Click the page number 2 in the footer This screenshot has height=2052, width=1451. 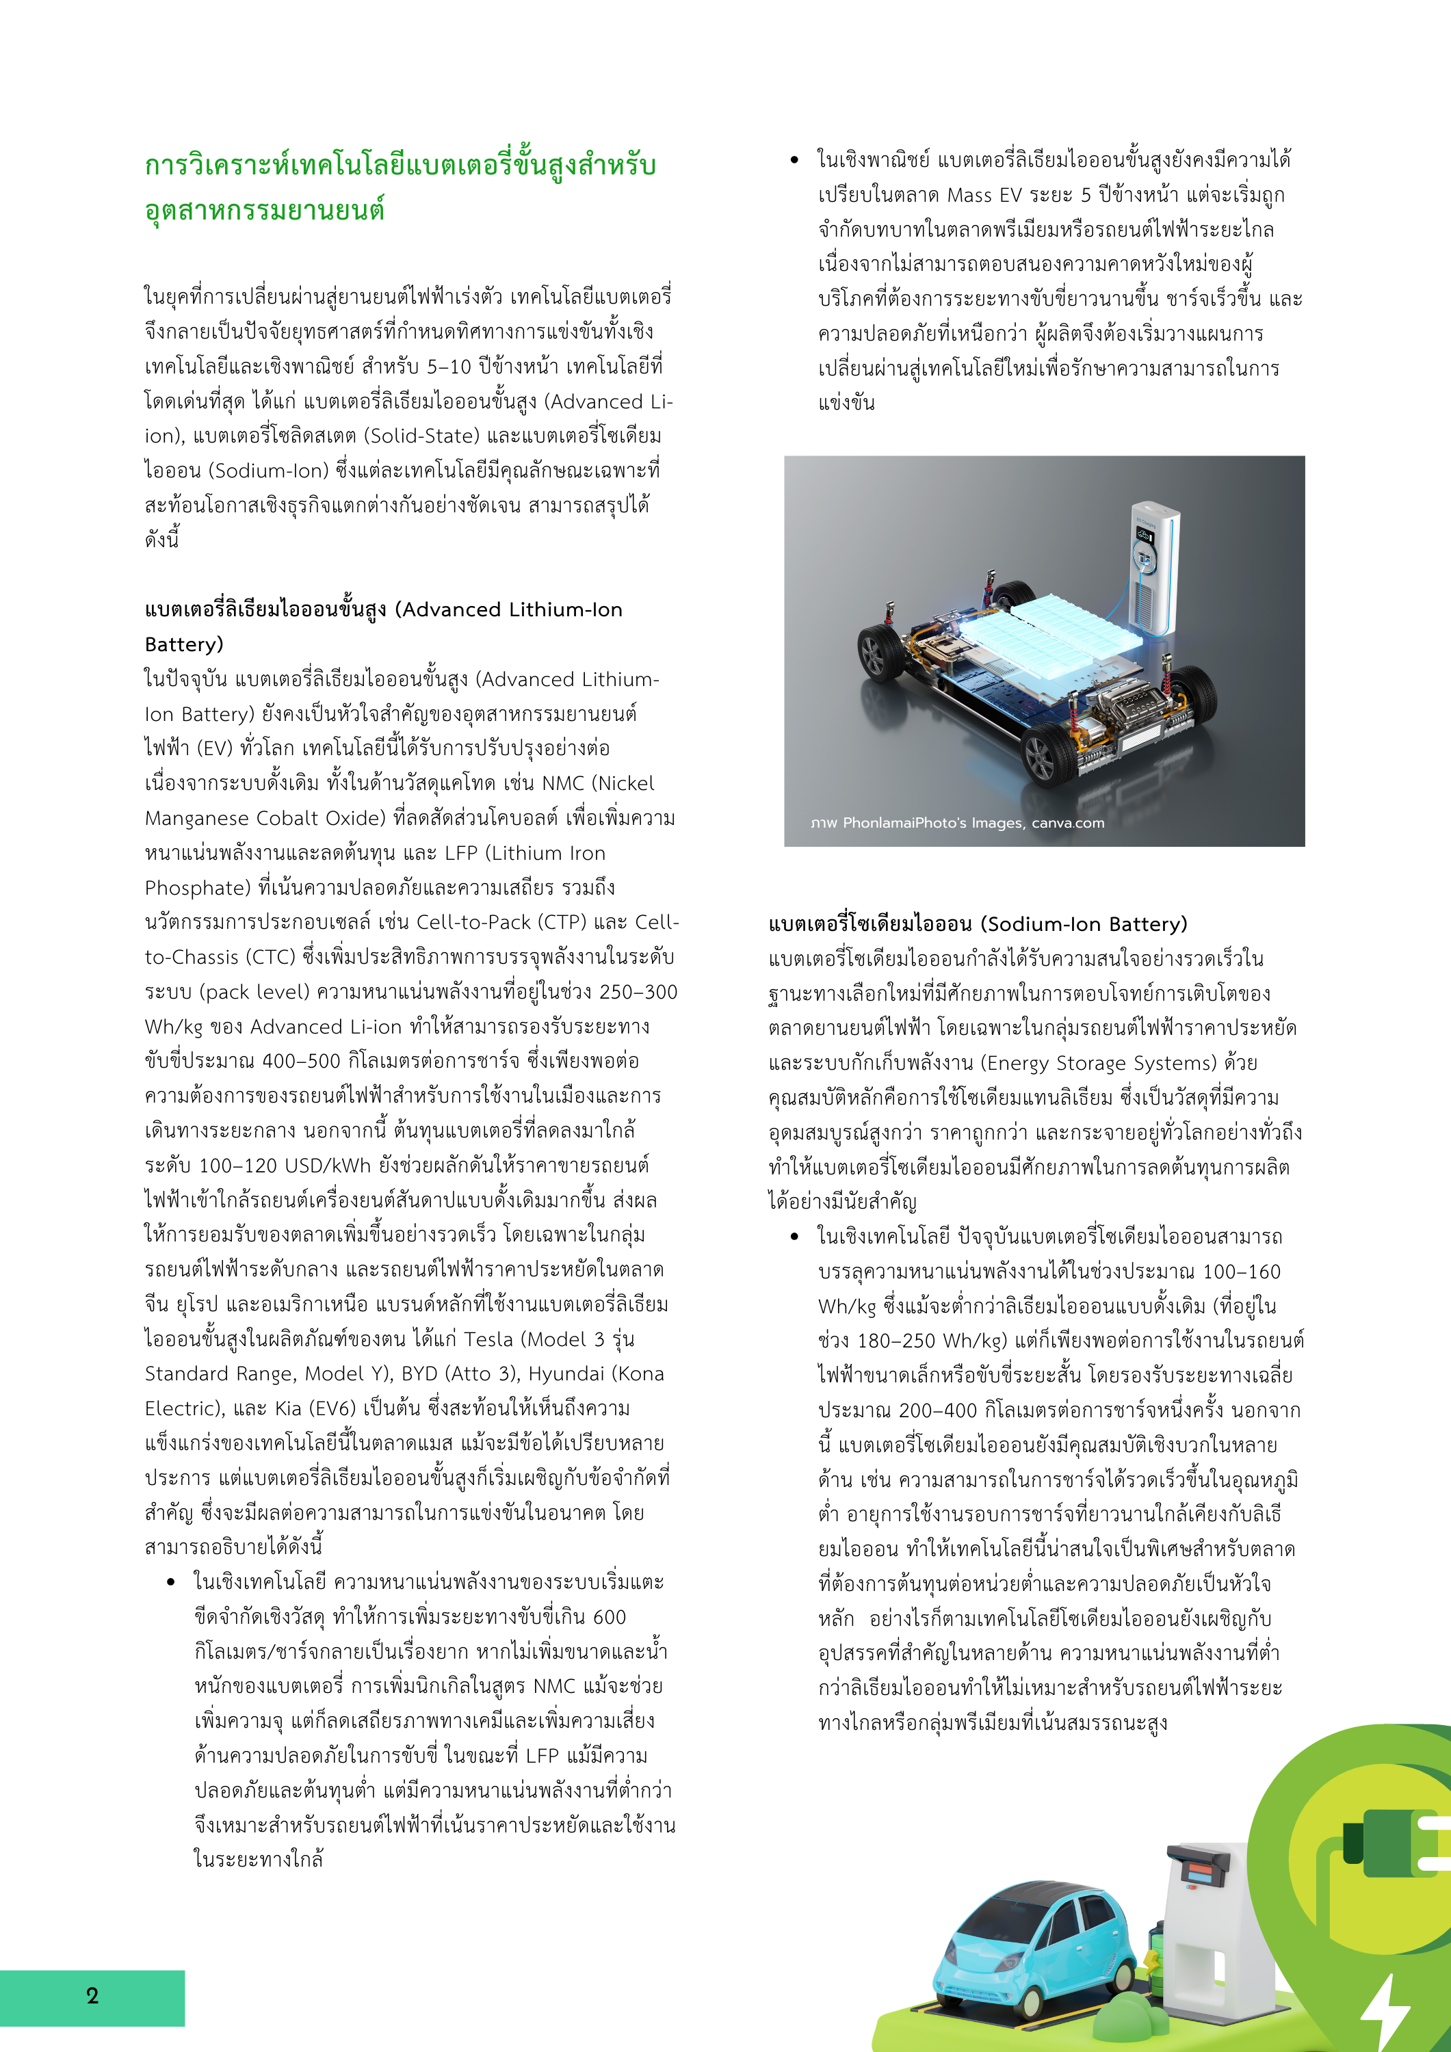tap(92, 1996)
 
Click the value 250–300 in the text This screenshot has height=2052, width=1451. tap(638, 992)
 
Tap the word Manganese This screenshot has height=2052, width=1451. tap(197, 819)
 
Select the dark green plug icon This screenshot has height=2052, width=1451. tap(1395, 1841)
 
